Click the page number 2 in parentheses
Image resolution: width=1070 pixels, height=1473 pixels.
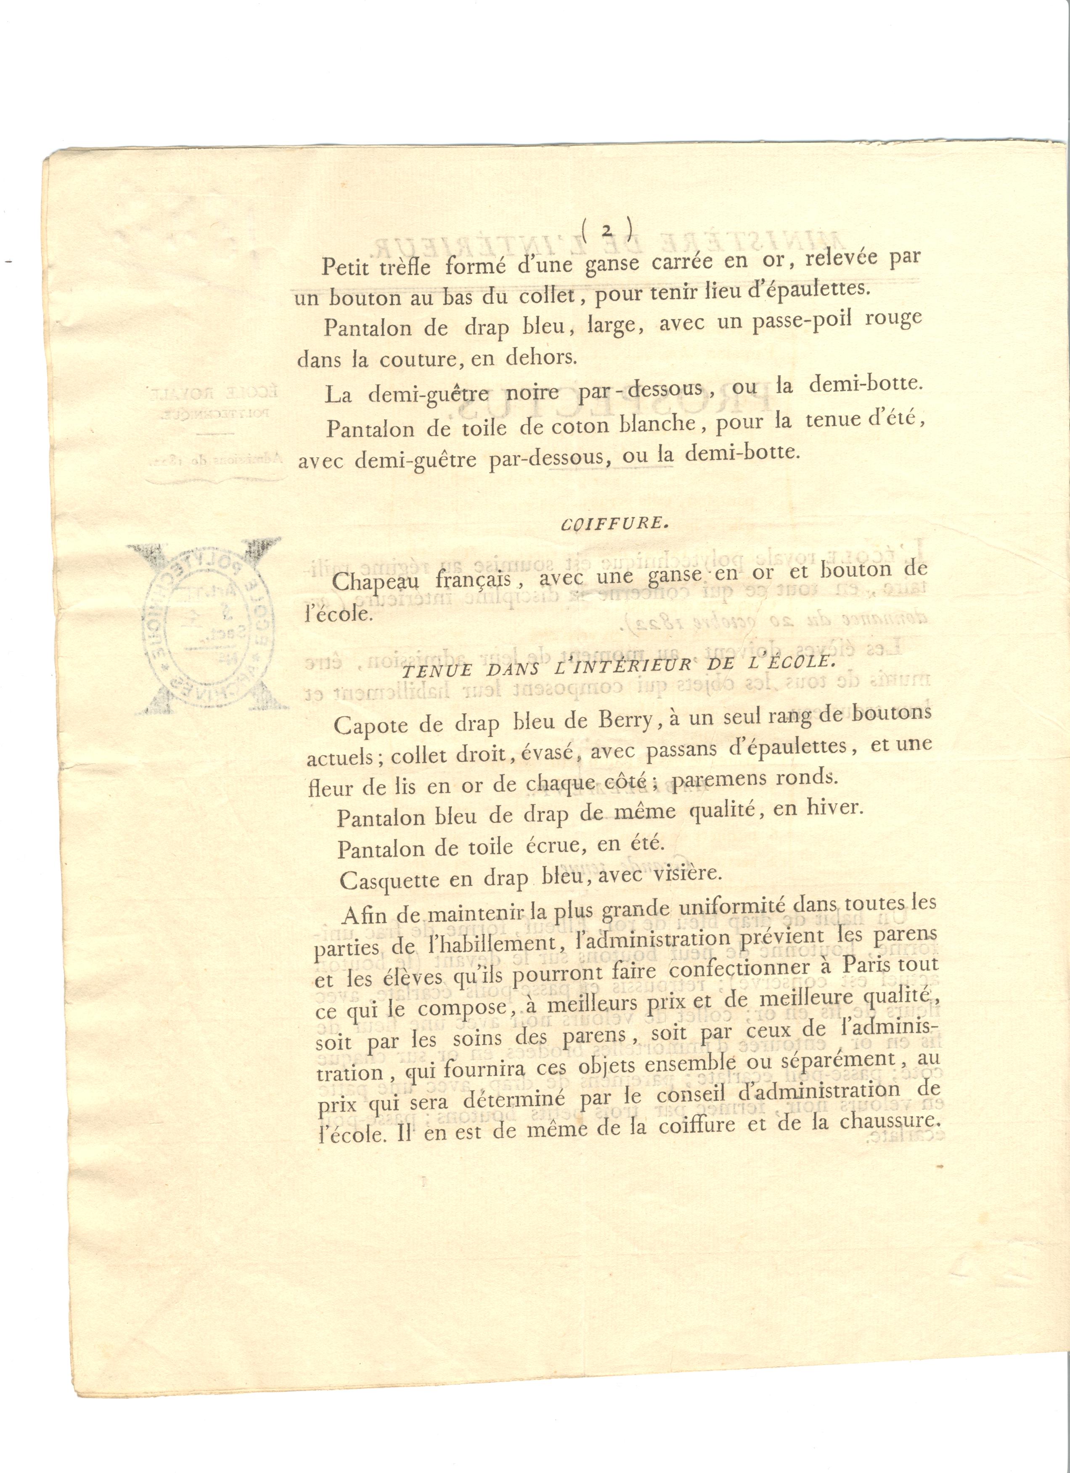pos(607,230)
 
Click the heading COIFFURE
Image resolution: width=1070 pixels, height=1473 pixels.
pos(614,523)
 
